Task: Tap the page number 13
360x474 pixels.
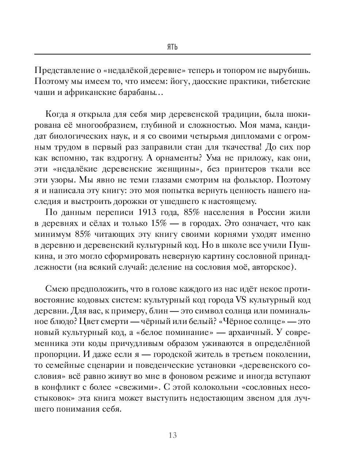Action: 172,435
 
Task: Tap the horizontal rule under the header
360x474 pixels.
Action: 172,54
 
